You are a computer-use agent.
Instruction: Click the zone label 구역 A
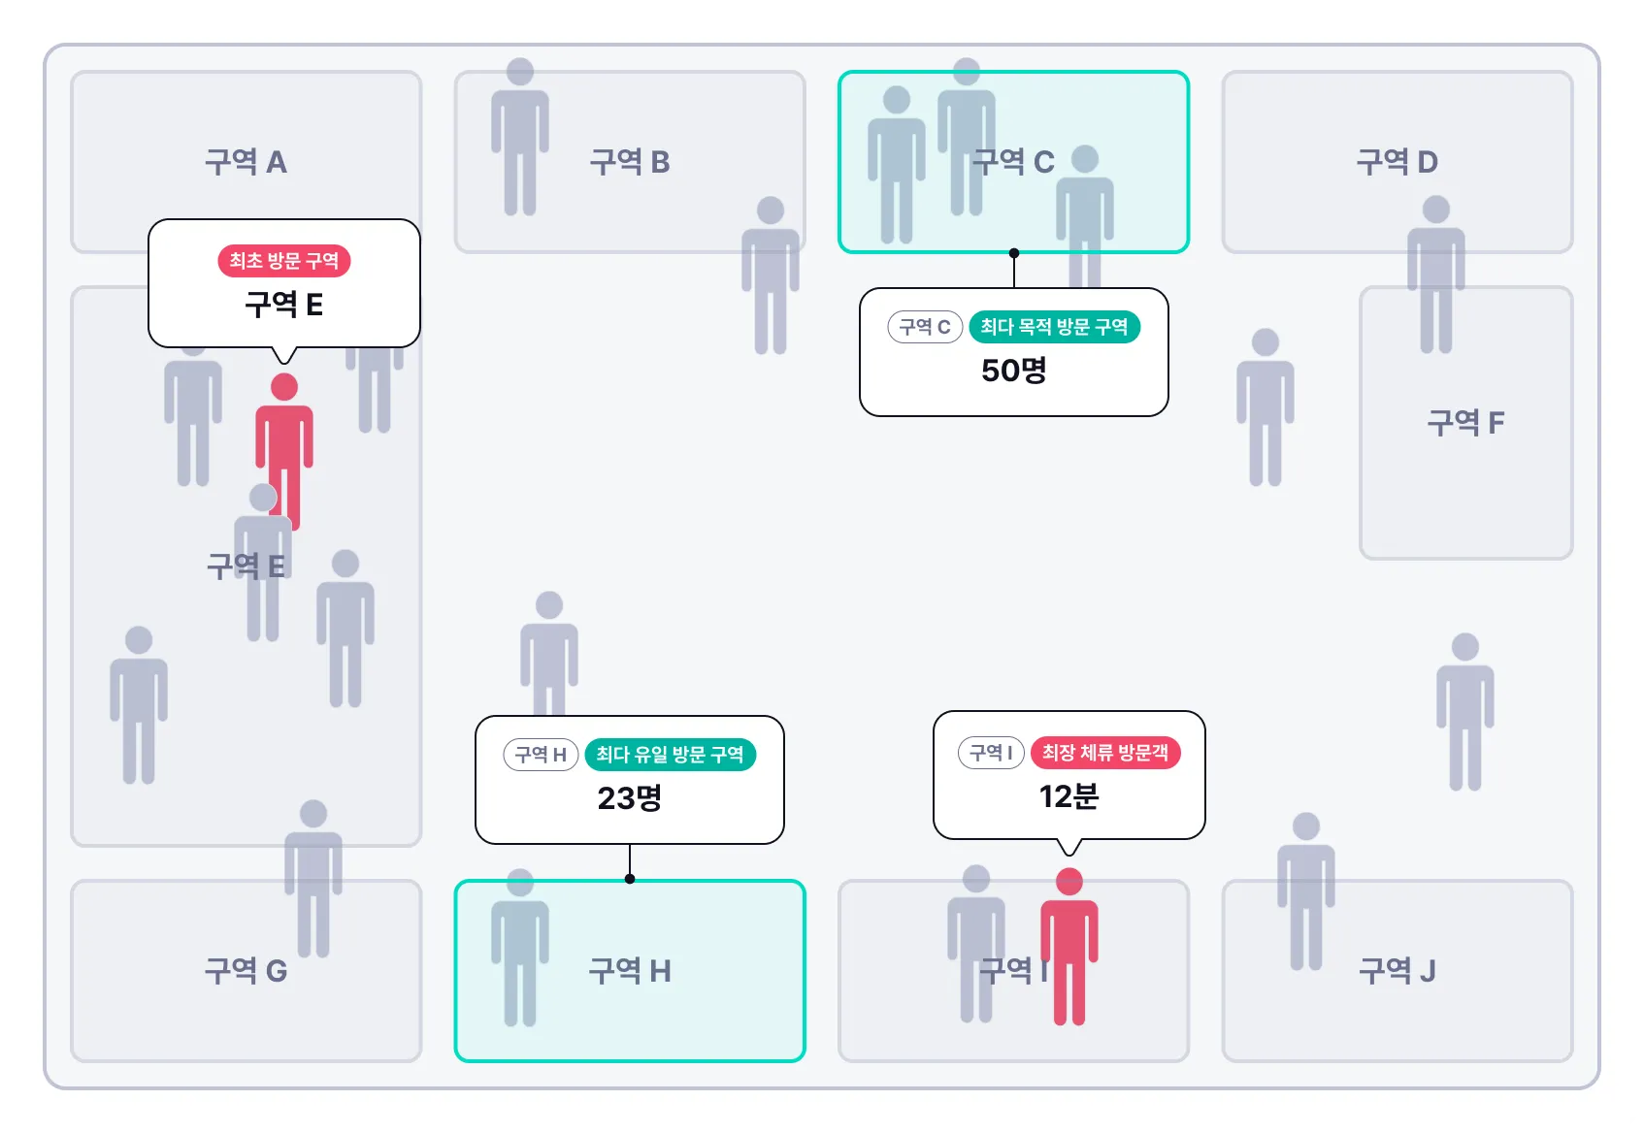(x=246, y=162)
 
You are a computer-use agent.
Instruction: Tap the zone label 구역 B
(x=630, y=162)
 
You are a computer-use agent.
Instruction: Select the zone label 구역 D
(x=1397, y=162)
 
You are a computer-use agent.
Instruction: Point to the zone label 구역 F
(x=1465, y=423)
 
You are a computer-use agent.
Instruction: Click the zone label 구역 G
(x=246, y=971)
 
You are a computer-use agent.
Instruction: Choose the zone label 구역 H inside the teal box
(x=630, y=971)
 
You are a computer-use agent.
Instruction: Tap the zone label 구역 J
(x=1397, y=971)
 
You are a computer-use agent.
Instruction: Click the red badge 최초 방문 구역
(x=283, y=261)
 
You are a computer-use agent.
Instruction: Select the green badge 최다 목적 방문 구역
(x=1054, y=327)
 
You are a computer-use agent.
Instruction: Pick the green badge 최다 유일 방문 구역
(x=670, y=755)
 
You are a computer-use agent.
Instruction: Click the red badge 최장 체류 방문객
(x=1104, y=753)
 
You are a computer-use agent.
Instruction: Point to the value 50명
(x=1013, y=371)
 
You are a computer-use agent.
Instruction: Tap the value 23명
(x=630, y=798)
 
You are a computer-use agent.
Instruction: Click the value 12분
(x=1069, y=796)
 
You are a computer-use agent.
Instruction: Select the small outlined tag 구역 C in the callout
(x=925, y=327)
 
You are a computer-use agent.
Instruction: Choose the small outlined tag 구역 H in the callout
(x=541, y=755)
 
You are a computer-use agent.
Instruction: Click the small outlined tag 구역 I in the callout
(x=991, y=753)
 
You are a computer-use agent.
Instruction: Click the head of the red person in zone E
(x=284, y=387)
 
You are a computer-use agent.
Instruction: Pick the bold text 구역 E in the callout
(x=283, y=306)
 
